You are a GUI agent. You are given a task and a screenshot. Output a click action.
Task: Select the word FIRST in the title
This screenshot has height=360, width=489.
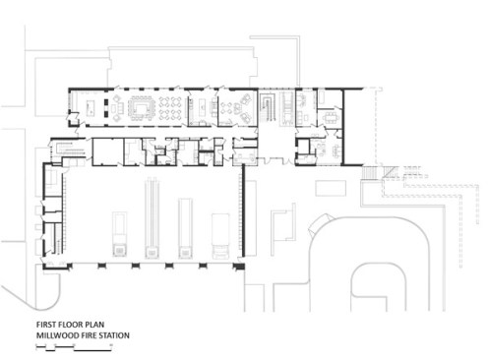pos(45,325)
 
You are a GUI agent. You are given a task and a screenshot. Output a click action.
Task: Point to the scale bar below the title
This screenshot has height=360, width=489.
pos(74,347)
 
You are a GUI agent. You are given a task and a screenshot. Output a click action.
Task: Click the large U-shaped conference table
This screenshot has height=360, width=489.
pos(142,107)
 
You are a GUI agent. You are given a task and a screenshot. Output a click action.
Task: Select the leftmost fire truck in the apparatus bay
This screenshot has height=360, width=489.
pos(119,234)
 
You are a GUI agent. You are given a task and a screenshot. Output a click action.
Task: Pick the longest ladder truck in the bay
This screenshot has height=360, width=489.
pos(152,218)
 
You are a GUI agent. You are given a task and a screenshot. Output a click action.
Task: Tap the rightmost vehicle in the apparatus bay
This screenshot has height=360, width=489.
pos(220,236)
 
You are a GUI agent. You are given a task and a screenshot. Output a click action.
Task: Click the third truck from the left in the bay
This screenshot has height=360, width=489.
pos(186,228)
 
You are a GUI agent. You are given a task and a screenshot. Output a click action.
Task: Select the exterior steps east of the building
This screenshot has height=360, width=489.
pos(370,173)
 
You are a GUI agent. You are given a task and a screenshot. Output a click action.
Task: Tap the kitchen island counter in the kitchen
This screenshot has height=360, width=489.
pos(202,107)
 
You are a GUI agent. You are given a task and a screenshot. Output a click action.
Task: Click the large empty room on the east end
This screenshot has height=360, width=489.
pos(359,127)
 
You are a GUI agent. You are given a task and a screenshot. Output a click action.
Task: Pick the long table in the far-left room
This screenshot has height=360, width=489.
pos(91,107)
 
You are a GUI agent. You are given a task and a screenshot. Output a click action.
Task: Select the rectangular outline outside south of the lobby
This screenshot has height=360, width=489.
pos(331,188)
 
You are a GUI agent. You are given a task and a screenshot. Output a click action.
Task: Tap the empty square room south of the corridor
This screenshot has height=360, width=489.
pos(108,151)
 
